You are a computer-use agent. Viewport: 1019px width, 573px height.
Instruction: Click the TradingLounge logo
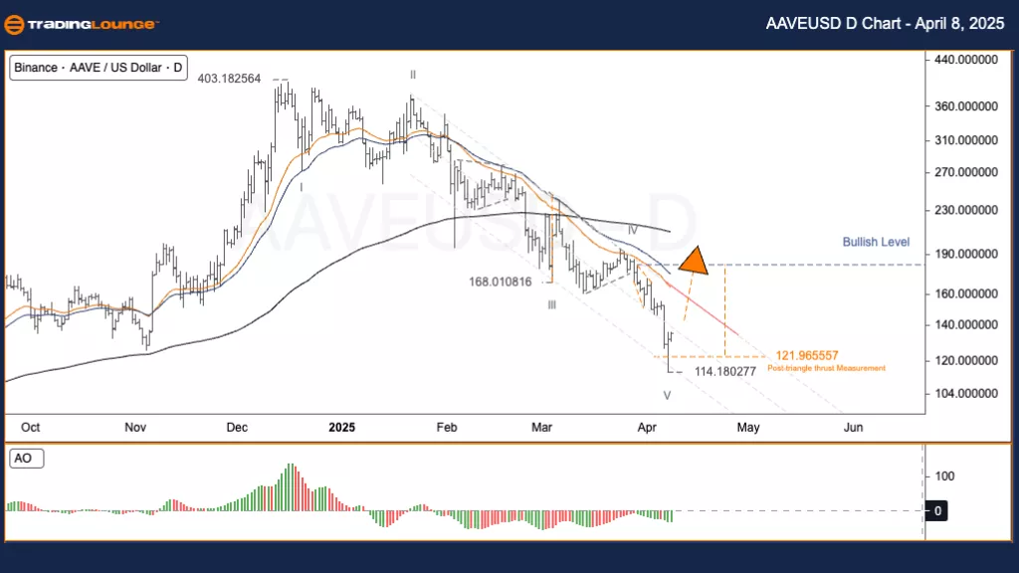pos(80,24)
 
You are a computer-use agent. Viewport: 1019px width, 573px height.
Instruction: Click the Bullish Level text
pos(876,242)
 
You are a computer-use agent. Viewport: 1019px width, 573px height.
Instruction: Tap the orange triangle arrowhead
pos(694,260)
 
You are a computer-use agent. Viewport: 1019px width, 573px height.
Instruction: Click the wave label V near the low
pos(667,395)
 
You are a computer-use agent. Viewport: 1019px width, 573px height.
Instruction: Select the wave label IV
pos(632,230)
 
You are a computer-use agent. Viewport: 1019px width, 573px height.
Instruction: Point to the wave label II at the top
pos(412,74)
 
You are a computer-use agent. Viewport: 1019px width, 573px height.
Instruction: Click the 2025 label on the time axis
pos(341,427)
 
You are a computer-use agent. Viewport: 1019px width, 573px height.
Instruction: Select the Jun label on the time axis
pos(853,427)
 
